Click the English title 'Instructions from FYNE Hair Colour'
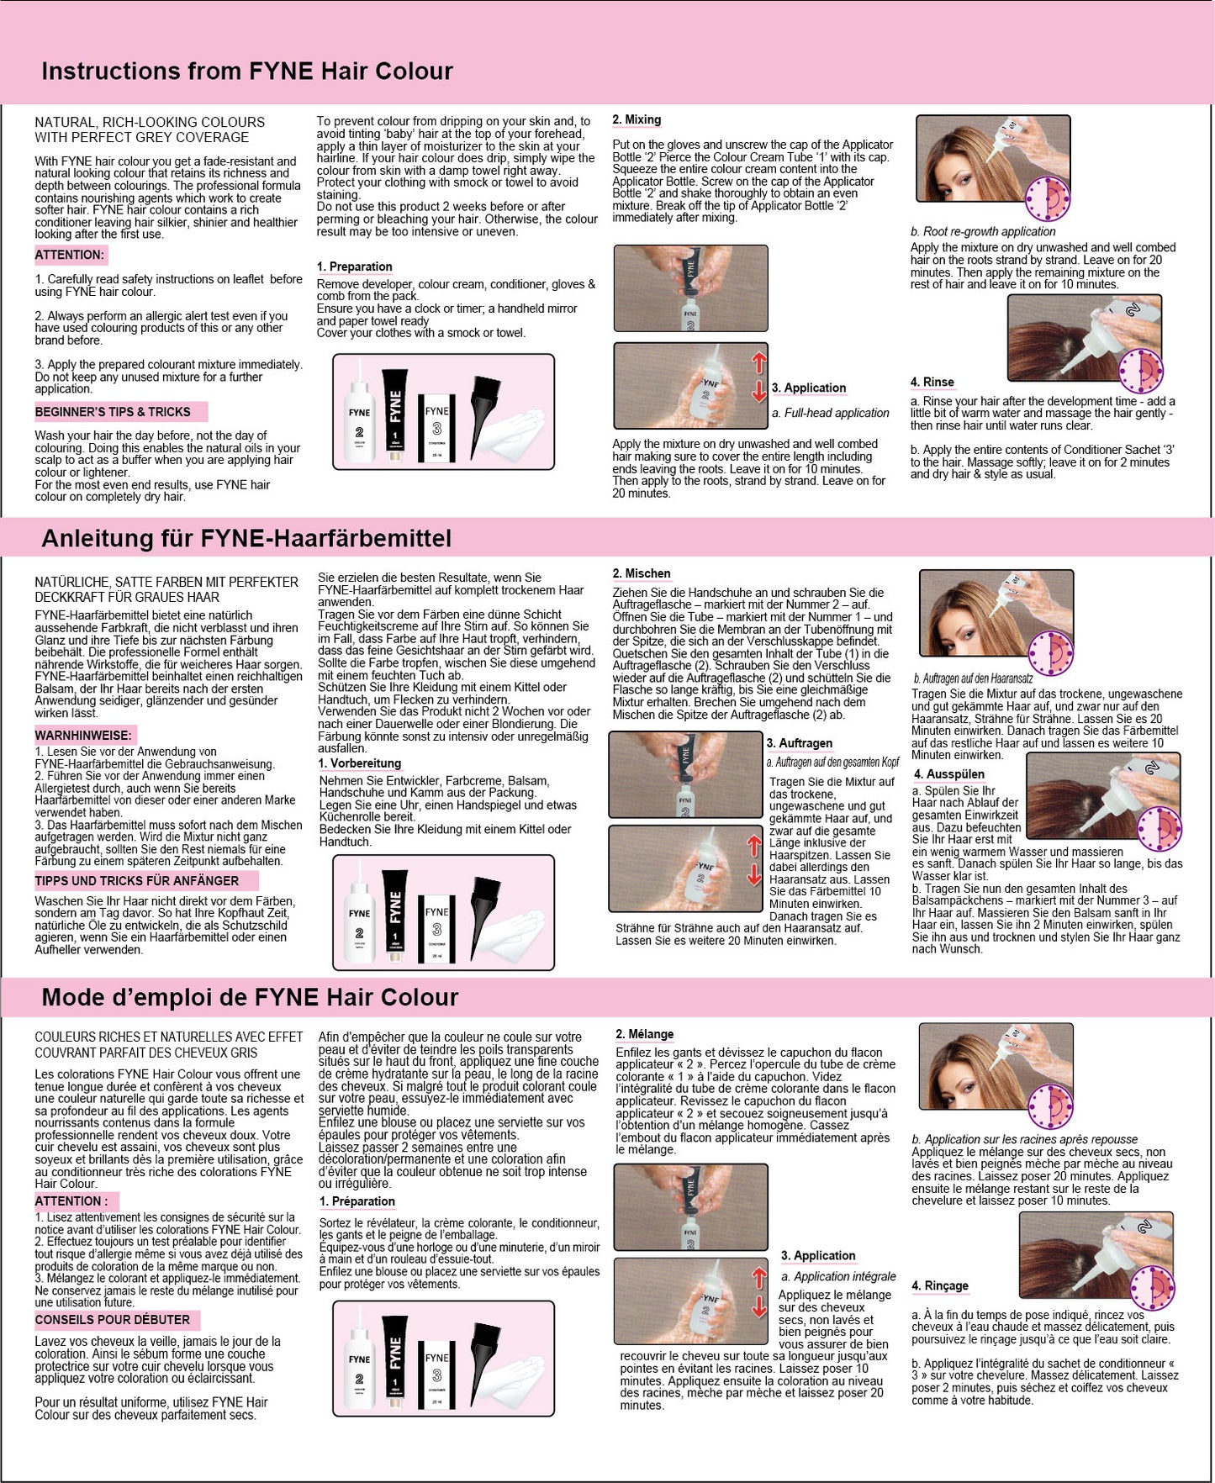(x=247, y=71)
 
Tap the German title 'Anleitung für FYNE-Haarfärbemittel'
(x=246, y=538)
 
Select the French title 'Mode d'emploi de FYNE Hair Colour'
(x=250, y=997)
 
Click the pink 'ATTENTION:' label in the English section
(x=71, y=255)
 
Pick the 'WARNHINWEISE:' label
(x=83, y=735)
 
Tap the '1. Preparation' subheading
(x=354, y=267)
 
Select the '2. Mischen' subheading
(x=642, y=574)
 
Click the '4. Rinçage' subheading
(x=940, y=1285)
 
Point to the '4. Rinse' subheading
(x=932, y=383)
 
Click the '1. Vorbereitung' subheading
(x=360, y=763)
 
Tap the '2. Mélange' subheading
(x=645, y=1034)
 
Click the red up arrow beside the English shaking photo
(x=759, y=362)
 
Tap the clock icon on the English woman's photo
(x=1049, y=199)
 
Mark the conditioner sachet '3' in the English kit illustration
(x=437, y=430)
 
